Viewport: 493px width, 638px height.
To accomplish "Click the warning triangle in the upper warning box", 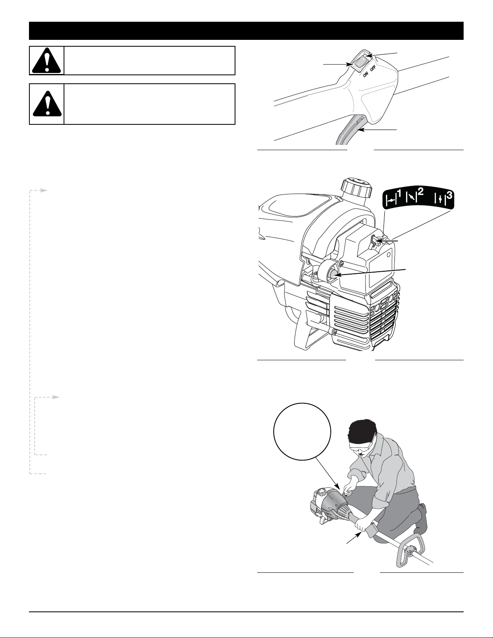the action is tap(47, 60).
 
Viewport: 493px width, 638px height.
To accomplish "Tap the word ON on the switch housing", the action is tap(366, 74).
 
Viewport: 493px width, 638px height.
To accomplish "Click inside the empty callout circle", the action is tap(302, 432).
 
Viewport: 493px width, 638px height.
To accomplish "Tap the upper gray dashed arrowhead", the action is tap(44, 190).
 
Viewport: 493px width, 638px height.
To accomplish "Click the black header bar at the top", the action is tap(246, 31).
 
